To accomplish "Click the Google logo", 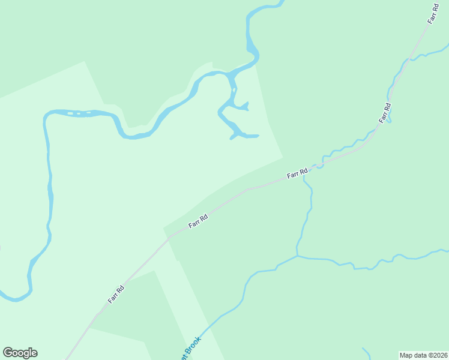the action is (20, 353).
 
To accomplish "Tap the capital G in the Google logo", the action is (8, 353).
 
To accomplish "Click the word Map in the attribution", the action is (406, 355).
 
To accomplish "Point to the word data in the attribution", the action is (420, 355).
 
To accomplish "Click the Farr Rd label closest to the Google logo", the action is (116, 293).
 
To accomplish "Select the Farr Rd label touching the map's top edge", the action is (433, 13).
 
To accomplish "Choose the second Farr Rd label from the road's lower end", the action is (197, 220).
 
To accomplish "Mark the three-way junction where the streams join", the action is (298, 256).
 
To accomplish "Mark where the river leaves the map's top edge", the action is (280, 2).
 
